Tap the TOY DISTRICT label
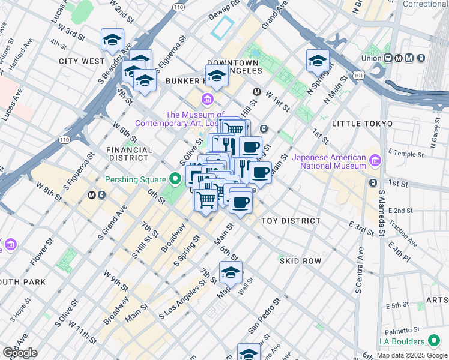[291, 221]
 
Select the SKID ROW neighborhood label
[300, 261]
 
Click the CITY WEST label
[82, 61]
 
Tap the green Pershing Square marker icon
[175, 179]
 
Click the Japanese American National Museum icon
[376, 161]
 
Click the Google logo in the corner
[20, 353]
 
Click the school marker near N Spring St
[318, 61]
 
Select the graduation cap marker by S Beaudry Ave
[112, 40]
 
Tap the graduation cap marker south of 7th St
[231, 272]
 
